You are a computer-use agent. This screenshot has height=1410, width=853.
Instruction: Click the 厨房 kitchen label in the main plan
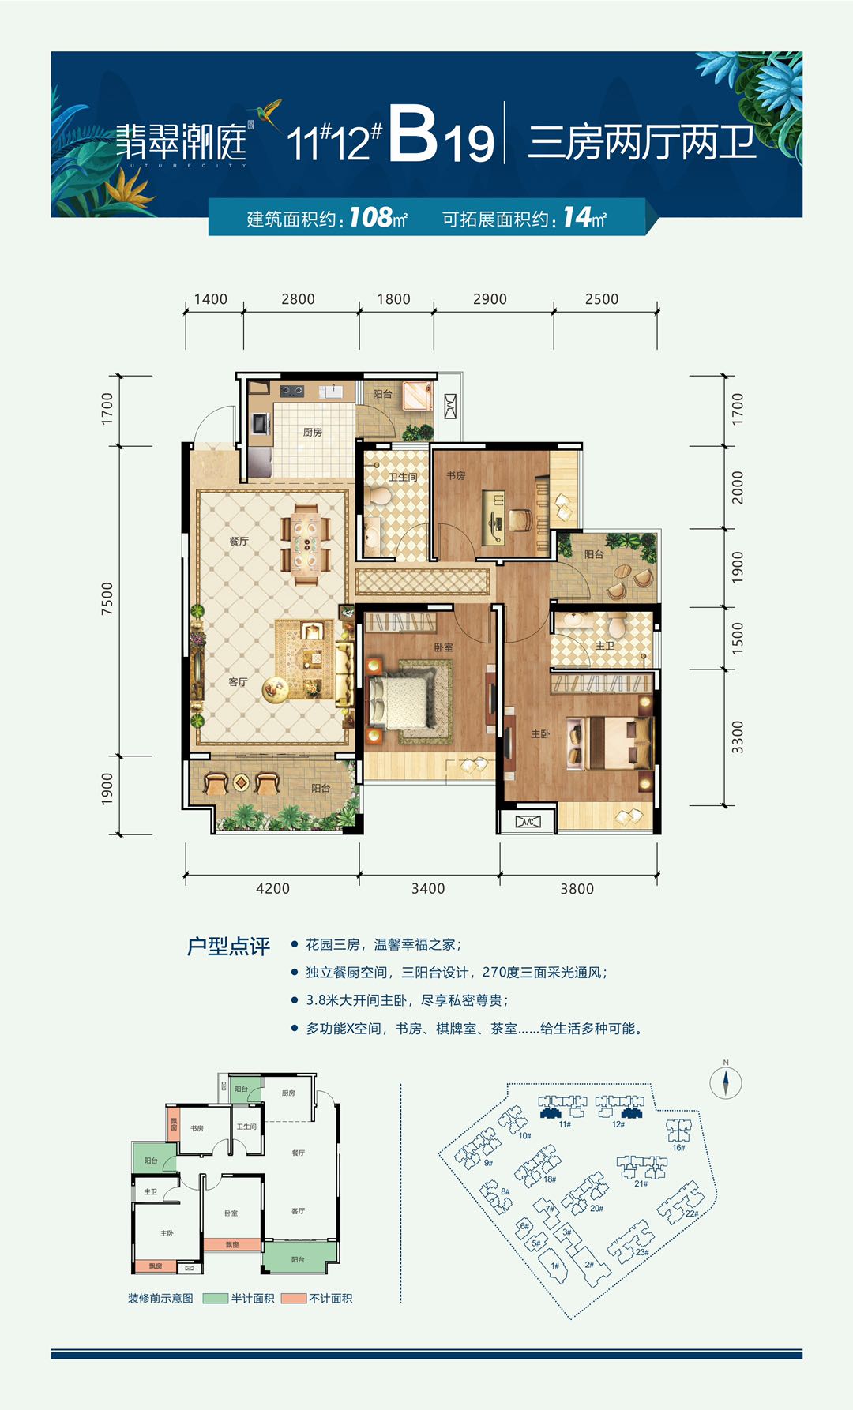(x=312, y=432)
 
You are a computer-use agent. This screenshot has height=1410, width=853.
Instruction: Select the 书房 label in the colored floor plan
(x=456, y=475)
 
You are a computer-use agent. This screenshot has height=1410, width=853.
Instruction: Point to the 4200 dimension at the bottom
(x=272, y=888)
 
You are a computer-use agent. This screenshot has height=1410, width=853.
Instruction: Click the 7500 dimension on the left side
(x=107, y=598)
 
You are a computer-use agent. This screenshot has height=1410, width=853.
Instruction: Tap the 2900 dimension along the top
(x=490, y=299)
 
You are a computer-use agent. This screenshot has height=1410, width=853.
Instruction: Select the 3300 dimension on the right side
(x=737, y=737)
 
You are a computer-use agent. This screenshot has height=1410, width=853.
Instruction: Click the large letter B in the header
(x=412, y=136)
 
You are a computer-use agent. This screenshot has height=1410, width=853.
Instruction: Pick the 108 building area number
(x=370, y=217)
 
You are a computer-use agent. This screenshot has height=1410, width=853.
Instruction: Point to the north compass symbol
(x=725, y=1082)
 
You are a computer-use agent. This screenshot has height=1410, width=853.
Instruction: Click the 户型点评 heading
(x=228, y=946)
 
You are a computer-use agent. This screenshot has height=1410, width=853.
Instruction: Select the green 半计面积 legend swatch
(x=215, y=1298)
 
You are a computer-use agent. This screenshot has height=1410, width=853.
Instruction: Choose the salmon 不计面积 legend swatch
(x=294, y=1298)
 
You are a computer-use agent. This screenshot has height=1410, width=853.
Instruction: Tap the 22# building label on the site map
(x=691, y=1213)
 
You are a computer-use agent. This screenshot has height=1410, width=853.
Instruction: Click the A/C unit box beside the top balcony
(x=449, y=407)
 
